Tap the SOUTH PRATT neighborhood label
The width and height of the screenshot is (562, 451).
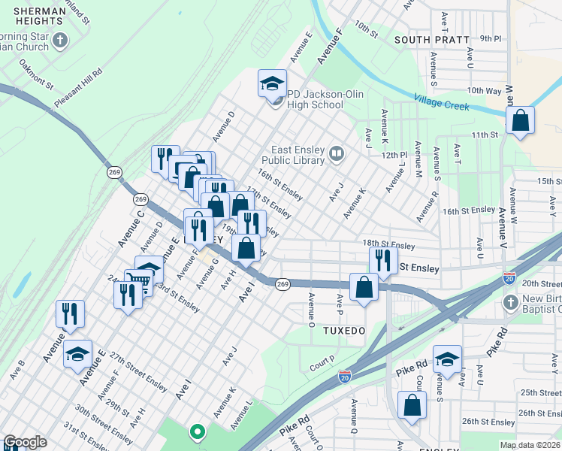(426, 39)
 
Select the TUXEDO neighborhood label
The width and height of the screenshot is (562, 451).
(343, 331)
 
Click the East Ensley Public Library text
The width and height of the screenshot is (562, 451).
(293, 155)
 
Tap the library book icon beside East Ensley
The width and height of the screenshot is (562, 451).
(336, 155)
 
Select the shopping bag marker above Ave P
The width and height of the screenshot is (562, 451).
(364, 288)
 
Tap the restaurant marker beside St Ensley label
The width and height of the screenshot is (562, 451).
(383, 260)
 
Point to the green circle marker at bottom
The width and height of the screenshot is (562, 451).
(197, 431)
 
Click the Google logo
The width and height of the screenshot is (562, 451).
(25, 442)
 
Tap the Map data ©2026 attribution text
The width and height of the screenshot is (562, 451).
(529, 445)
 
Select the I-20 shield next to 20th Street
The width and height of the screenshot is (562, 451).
(509, 277)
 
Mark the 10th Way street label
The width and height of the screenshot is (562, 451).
(483, 90)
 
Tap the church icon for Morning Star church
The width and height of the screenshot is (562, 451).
(60, 40)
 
